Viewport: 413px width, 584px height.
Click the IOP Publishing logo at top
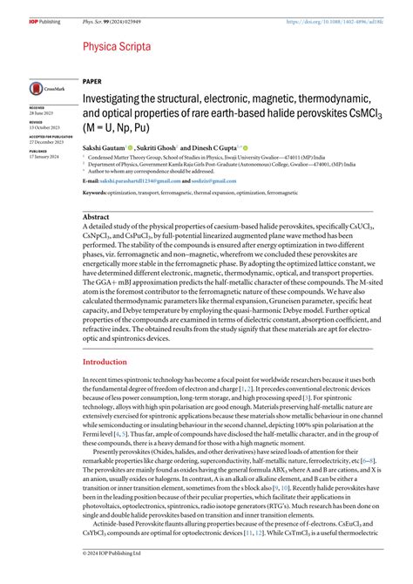click(x=19, y=8)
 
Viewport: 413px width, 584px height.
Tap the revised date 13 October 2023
click(x=46, y=127)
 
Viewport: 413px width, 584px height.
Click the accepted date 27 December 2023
click(x=47, y=141)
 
